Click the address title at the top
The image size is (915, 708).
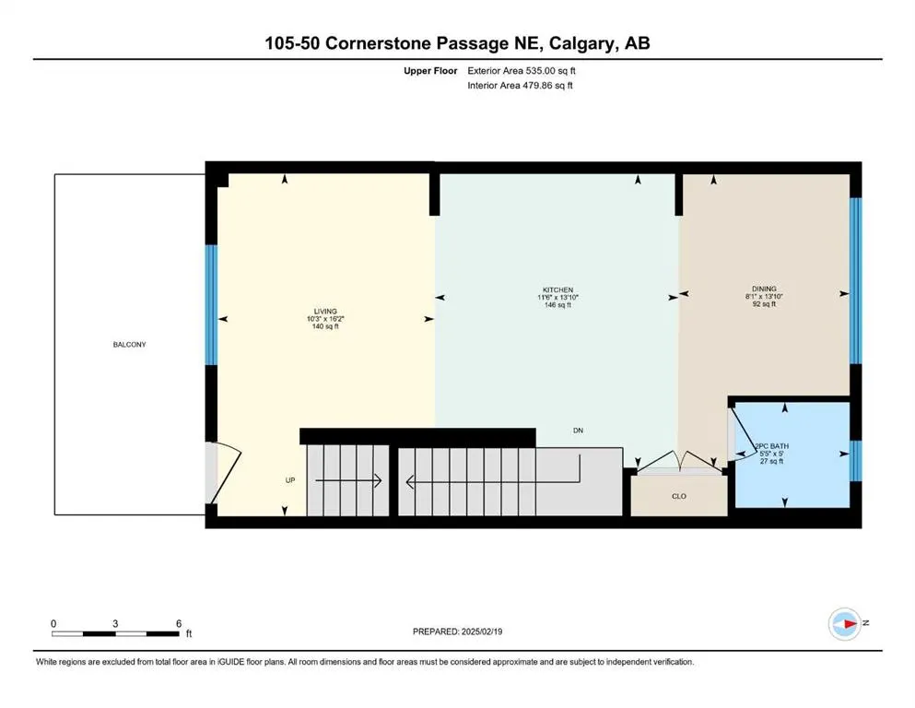tap(458, 43)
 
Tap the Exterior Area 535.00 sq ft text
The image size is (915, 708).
tap(525, 70)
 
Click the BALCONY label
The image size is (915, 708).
tap(129, 345)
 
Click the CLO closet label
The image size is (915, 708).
tap(678, 497)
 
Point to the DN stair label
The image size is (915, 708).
tap(578, 431)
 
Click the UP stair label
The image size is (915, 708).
tap(290, 481)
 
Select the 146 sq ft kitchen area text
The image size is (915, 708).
tap(557, 305)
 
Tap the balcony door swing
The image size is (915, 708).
tap(225, 470)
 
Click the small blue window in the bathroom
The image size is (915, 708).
tap(854, 454)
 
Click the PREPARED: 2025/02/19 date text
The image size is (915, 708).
tap(457, 631)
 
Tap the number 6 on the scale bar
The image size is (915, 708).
tap(178, 623)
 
